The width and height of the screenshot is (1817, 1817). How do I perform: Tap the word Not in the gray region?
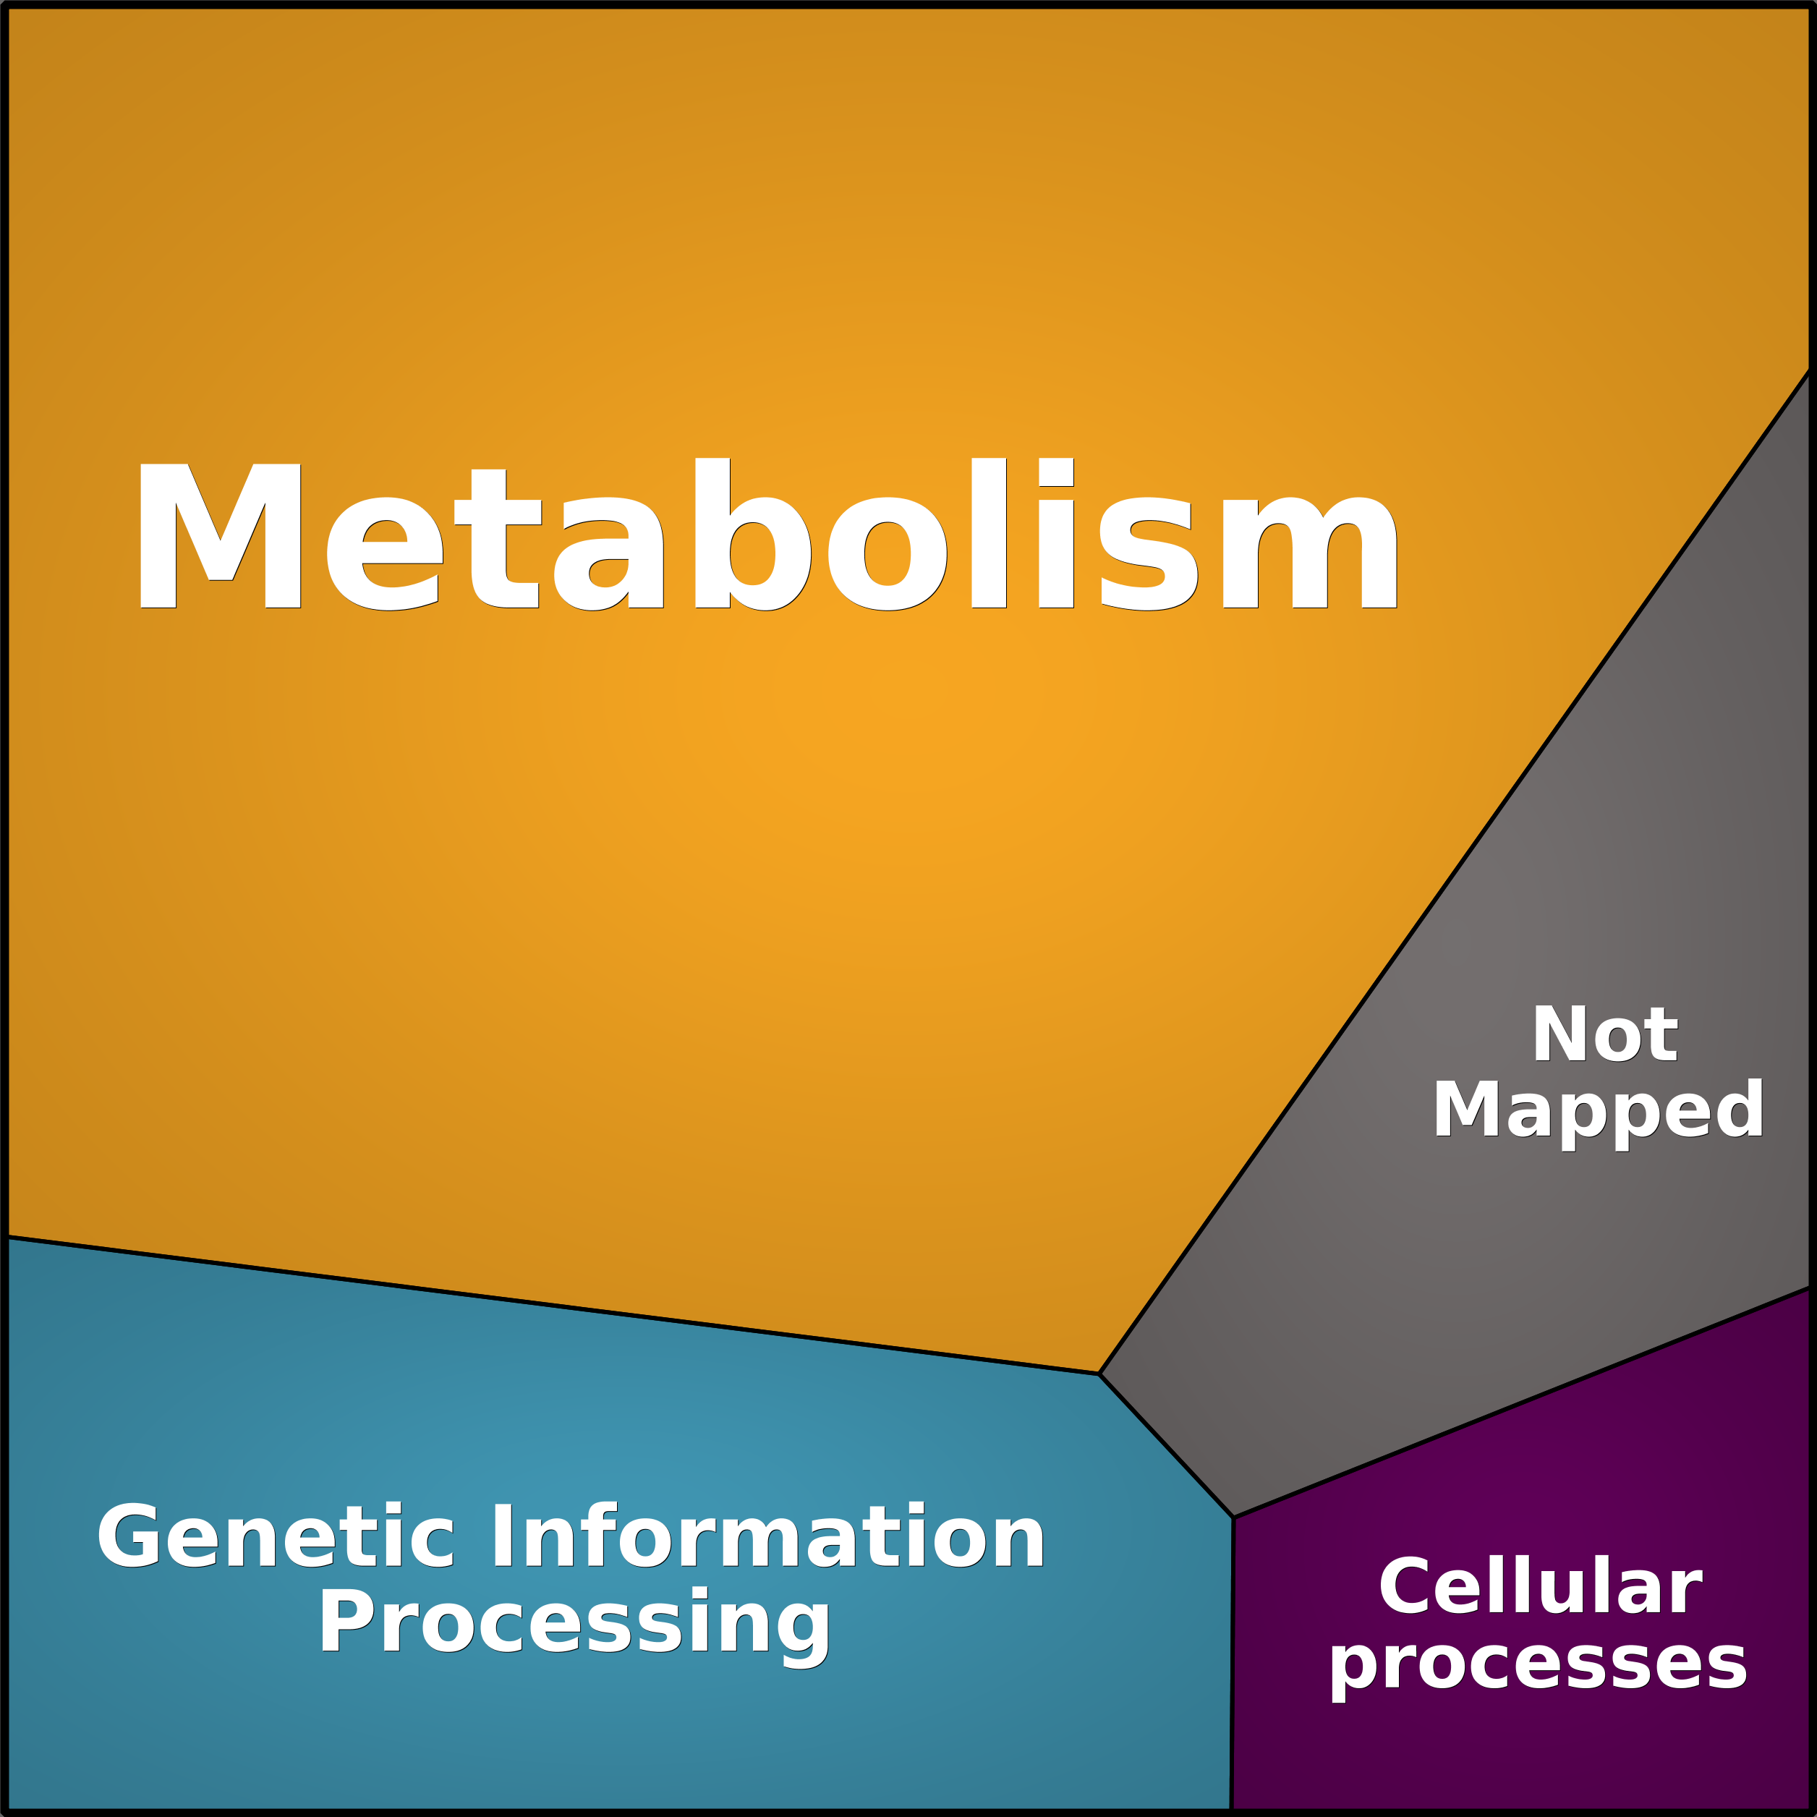click(1604, 1034)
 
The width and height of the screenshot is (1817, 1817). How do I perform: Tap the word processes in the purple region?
click(1538, 1664)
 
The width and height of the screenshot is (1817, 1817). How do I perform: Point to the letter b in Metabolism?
click(752, 533)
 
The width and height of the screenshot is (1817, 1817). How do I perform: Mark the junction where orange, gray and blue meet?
click(1099, 1374)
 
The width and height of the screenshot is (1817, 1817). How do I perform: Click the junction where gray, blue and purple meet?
click(1233, 1517)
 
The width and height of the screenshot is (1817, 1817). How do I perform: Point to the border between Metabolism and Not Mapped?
click(1455, 872)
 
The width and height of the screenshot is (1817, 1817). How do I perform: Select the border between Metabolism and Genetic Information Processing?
click(551, 1306)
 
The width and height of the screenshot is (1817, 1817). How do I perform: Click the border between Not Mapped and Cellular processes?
click(1523, 1403)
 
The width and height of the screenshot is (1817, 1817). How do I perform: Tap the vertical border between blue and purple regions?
click(1232, 1663)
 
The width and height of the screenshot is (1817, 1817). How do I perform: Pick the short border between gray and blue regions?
click(1166, 1445)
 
